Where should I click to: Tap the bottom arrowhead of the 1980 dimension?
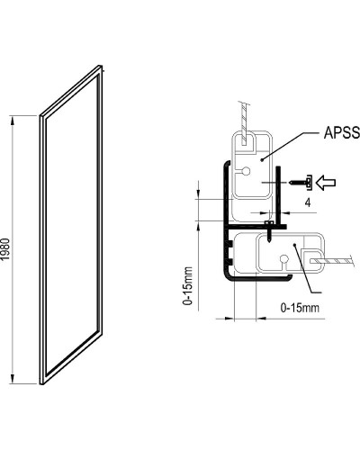coord(13,382)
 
